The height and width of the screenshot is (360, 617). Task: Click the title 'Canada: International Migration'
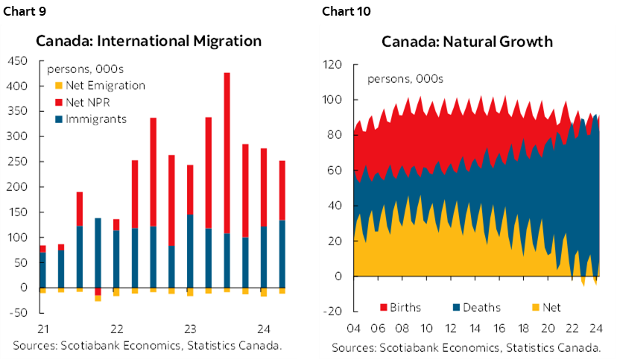(148, 41)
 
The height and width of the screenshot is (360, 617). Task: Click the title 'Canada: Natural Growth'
(467, 41)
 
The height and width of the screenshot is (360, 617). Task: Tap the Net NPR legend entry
(90, 101)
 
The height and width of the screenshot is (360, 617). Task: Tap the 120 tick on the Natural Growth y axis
(332, 65)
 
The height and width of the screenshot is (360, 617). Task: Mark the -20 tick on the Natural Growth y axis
(332, 312)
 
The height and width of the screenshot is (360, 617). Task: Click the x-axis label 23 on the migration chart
(189, 329)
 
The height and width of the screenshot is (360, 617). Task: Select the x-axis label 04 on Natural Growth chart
(355, 329)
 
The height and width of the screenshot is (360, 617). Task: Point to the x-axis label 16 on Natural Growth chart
(500, 329)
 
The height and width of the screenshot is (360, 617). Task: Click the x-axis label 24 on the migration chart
(263, 329)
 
